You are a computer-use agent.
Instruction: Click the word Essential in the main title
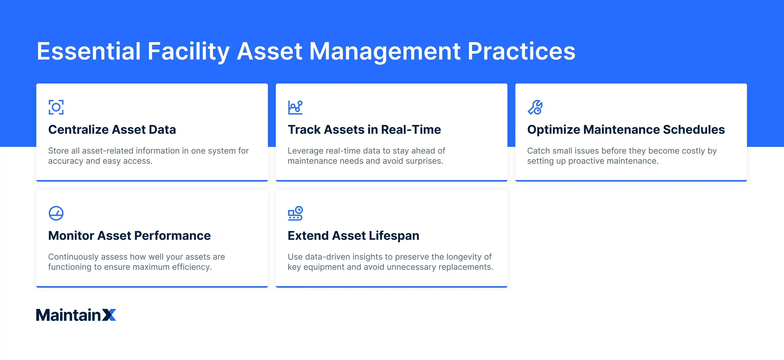click(89, 51)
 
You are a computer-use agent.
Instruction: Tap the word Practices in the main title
click(521, 51)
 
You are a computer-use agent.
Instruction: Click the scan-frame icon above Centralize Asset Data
click(56, 107)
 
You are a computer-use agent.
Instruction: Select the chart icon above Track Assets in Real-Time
click(295, 107)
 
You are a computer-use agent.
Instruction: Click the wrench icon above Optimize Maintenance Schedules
click(535, 107)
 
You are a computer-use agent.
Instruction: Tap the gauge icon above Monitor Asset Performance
click(56, 213)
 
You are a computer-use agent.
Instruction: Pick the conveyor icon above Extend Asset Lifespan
click(295, 213)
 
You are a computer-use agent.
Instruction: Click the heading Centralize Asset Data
click(112, 130)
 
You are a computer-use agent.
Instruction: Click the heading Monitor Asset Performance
click(129, 236)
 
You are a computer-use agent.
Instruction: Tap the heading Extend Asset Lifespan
click(353, 236)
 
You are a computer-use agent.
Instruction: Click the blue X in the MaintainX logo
click(109, 315)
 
